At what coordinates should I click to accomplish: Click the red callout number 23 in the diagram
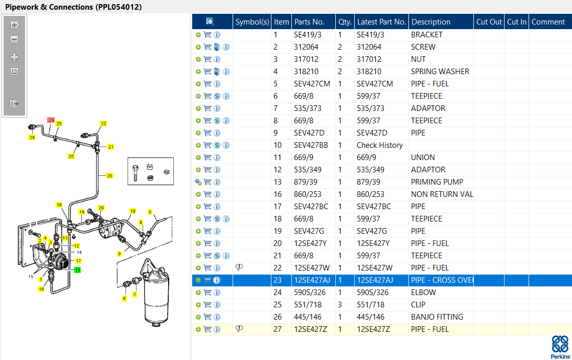coord(51,120)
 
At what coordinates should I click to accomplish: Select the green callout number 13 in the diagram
coord(78,269)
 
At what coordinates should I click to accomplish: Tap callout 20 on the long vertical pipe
coord(109,176)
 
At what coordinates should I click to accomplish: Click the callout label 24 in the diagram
coord(32,137)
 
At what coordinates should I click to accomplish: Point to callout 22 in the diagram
coord(103,124)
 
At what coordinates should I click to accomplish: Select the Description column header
coord(431,22)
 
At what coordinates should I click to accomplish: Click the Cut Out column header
coord(489,22)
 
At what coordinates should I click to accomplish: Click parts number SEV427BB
coord(311,145)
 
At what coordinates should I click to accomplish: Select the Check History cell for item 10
coord(379,145)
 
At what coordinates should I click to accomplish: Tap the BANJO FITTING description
coord(437,317)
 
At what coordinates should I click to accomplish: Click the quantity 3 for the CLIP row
coord(340,305)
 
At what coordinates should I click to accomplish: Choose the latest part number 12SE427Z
coord(373,329)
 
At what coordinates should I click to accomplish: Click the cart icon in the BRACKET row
coord(208,35)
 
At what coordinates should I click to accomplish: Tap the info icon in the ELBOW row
coord(217,292)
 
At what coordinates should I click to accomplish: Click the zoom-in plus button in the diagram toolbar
coord(14,25)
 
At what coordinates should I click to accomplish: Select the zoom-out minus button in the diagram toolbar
coord(14,40)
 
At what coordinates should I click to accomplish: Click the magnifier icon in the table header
coord(210,21)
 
